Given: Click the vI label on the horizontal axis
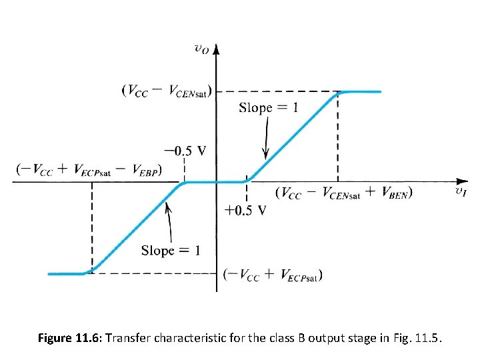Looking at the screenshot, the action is pos(461,192).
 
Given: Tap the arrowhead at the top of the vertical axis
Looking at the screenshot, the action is pos(217,49).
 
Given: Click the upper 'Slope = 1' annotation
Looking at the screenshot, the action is pos(268,108).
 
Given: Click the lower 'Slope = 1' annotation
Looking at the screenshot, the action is pos(170,251).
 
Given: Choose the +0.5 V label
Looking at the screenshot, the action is pos(246,211).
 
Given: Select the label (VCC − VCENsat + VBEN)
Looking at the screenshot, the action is pos(343,193).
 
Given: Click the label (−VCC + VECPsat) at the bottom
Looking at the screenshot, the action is pos(273,274).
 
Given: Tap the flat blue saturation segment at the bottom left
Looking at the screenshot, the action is pos(67,273).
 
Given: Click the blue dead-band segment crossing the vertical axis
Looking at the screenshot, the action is pos(217,182).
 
